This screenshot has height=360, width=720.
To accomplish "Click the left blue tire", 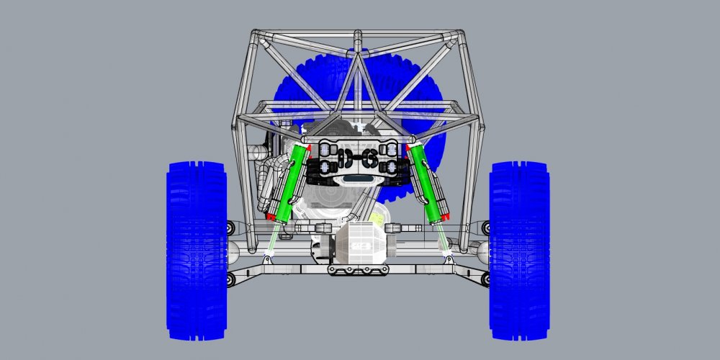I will pos(197,248).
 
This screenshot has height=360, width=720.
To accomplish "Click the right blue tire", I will pos(519,248).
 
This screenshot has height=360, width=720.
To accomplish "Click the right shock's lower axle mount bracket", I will pos(448,256).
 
